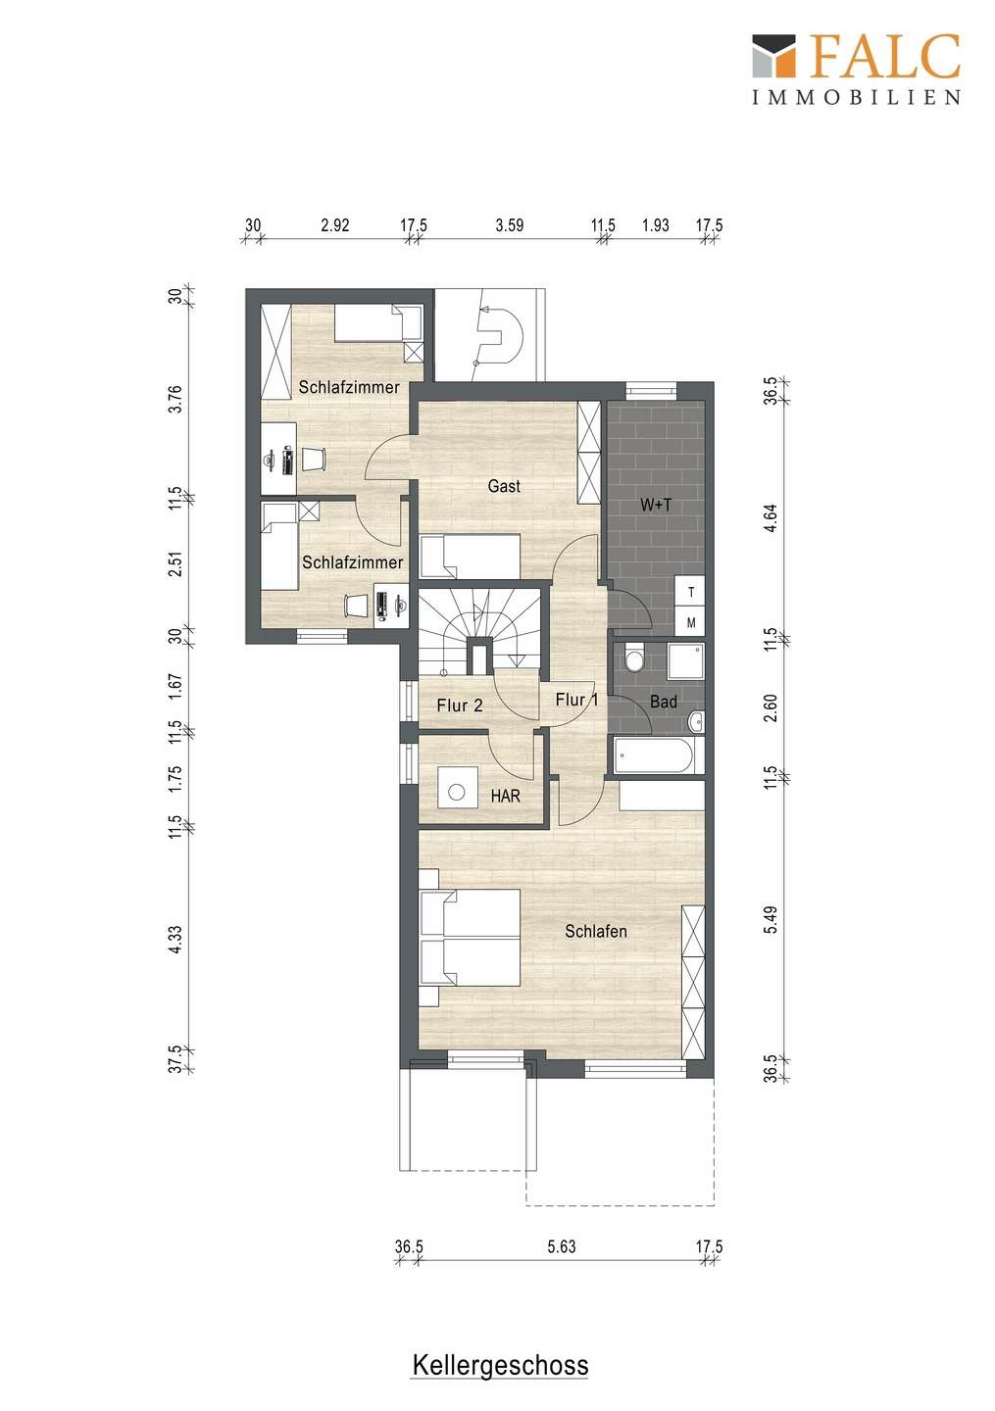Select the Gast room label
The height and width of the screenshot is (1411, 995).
click(x=504, y=486)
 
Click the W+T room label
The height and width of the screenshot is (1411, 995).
click(x=656, y=505)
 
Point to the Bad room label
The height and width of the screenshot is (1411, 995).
click(x=664, y=702)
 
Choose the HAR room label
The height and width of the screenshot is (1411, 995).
click(x=506, y=797)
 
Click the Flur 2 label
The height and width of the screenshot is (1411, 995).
click(x=460, y=705)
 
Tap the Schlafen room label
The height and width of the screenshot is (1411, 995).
click(x=595, y=931)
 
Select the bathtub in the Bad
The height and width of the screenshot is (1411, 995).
click(x=659, y=754)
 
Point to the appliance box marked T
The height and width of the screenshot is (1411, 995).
click(x=691, y=592)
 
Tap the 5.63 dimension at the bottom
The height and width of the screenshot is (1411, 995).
click(x=561, y=1246)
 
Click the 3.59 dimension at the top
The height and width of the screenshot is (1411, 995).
click(x=509, y=225)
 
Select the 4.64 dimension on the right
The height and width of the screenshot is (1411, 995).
click(x=771, y=517)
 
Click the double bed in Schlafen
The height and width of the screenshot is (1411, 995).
click(x=470, y=938)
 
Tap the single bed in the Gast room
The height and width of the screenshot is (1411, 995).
click(x=471, y=557)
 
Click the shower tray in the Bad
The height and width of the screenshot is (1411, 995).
click(x=685, y=661)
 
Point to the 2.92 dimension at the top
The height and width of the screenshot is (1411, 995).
click(x=334, y=225)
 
